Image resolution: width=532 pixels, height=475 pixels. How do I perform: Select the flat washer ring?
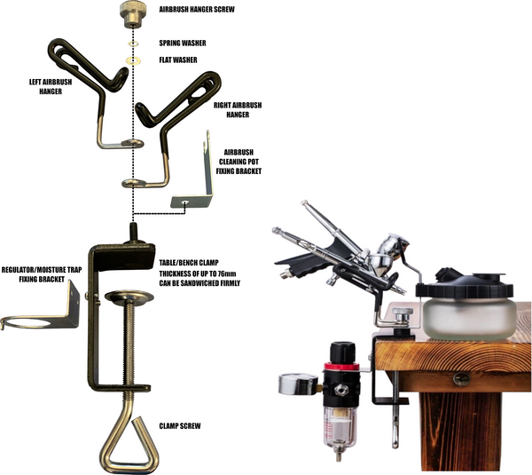click(133, 61)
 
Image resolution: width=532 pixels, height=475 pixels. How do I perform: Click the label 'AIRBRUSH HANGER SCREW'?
click(197, 9)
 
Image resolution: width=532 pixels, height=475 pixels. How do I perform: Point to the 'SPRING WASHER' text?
click(183, 44)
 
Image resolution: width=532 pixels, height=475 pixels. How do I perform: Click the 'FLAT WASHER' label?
click(178, 60)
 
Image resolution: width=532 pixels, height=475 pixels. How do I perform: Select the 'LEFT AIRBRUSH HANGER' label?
click(51, 87)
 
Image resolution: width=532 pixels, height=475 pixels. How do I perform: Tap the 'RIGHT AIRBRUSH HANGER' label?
click(238, 110)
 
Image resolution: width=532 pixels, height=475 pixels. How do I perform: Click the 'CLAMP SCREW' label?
click(180, 426)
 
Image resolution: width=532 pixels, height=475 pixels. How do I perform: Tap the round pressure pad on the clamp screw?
click(129, 297)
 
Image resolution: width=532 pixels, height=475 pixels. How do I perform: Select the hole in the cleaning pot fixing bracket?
click(184, 202)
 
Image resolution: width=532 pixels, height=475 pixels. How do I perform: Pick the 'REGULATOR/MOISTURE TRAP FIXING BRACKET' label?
click(42, 274)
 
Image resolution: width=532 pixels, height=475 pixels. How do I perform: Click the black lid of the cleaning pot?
click(465, 284)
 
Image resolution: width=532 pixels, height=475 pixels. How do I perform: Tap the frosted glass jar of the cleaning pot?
click(470, 319)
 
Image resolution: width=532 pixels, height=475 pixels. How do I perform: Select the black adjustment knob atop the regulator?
click(342, 352)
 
